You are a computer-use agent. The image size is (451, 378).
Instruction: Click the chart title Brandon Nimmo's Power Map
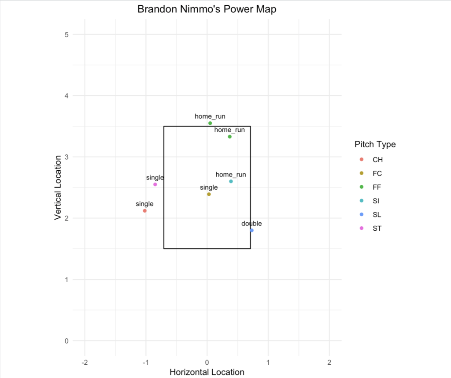click(207, 9)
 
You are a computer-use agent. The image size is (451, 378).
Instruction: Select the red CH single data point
click(144, 211)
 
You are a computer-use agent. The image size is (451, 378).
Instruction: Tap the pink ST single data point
click(155, 184)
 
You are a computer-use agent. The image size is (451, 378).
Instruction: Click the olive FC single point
click(209, 194)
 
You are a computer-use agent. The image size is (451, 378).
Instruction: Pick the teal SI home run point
click(231, 181)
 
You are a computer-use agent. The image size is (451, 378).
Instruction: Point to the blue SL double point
click(251, 230)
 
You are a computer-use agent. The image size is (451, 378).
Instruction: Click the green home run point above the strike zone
click(210, 123)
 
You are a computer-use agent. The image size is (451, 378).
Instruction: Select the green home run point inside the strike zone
click(229, 137)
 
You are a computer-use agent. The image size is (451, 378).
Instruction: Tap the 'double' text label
click(251, 224)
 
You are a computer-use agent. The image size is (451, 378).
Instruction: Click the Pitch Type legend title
click(375, 144)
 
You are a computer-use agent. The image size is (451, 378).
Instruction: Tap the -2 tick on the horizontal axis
click(85, 362)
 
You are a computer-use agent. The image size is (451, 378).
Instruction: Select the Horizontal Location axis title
click(207, 372)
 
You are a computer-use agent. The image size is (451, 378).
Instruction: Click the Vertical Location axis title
click(57, 187)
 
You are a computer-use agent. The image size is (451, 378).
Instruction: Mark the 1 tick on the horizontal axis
click(268, 362)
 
